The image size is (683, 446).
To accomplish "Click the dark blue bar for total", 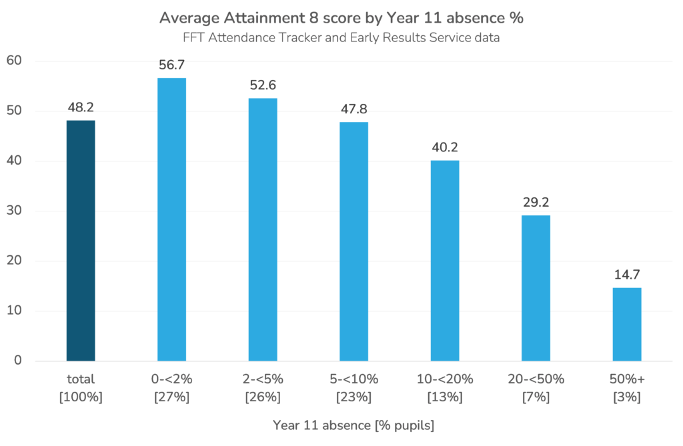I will click(81, 241).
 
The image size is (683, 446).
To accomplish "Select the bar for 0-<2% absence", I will click(171, 219).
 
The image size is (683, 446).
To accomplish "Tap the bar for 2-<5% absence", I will click(263, 229).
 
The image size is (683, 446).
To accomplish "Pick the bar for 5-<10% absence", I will click(354, 241).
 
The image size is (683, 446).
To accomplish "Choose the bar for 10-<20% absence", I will click(445, 261).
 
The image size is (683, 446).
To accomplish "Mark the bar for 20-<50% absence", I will click(536, 288).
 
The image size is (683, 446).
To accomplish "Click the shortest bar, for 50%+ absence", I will click(627, 324).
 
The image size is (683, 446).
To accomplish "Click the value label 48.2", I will click(81, 108).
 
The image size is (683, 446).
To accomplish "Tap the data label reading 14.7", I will click(627, 275).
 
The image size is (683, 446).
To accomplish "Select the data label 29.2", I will click(536, 203).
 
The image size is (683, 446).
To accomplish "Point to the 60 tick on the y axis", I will click(14, 61).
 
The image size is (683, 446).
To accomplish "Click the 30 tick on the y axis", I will click(14, 211).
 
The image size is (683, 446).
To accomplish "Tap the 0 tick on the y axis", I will click(18, 361).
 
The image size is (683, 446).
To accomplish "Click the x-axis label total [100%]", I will click(81, 388).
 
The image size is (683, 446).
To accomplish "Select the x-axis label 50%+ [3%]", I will click(627, 388).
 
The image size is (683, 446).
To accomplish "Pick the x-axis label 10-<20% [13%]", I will click(445, 388).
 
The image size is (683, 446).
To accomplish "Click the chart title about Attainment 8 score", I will click(341, 18).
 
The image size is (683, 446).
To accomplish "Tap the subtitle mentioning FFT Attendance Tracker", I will click(341, 38).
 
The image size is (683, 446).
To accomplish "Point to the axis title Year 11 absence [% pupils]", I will click(354, 425).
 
